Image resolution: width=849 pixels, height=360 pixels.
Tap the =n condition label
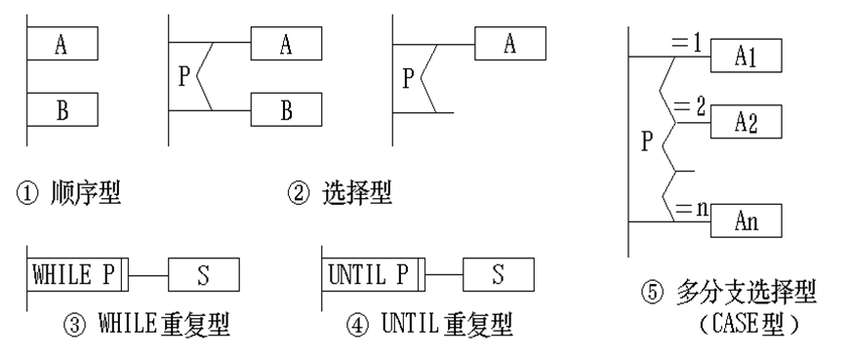point(690,207)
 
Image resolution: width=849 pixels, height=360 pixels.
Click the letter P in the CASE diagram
point(645,140)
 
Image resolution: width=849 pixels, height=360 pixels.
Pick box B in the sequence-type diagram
point(61,110)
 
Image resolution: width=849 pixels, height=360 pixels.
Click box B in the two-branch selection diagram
point(286,110)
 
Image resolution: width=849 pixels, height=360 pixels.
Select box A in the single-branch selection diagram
point(510,43)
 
